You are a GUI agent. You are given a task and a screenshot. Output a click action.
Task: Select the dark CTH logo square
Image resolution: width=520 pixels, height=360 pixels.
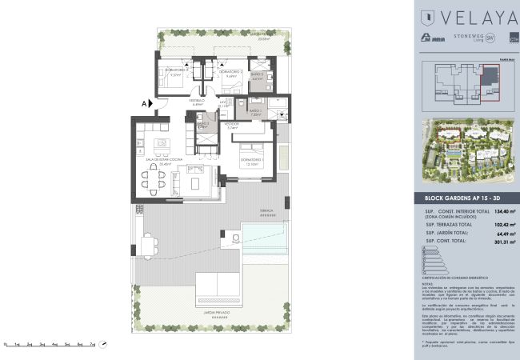point(502,38)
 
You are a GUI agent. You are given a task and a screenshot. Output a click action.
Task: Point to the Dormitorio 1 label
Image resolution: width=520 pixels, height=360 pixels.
point(253,163)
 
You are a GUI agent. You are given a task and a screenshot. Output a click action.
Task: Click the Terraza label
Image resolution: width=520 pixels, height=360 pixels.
point(266,211)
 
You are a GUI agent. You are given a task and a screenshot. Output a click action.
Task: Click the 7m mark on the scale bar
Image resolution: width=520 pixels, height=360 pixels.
point(92,342)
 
